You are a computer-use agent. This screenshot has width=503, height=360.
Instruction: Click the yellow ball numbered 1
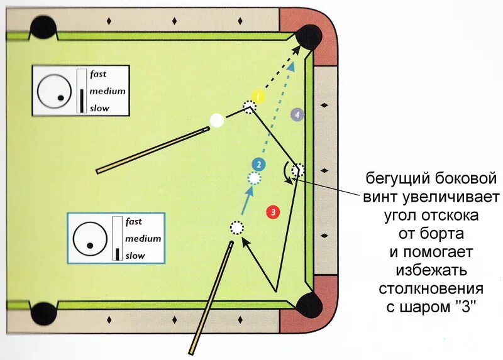click(261, 96)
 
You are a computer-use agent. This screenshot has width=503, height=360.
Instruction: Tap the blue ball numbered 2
click(258, 165)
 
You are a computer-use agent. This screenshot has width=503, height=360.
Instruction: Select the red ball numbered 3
click(273, 212)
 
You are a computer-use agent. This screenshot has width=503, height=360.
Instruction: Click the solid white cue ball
click(217, 120)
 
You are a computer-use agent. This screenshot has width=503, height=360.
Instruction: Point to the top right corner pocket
click(309, 36)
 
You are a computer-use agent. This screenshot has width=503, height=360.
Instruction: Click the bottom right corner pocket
click(309, 305)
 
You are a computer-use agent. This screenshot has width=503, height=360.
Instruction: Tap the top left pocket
click(44, 28)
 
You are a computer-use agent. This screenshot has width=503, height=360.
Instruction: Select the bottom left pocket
click(43, 312)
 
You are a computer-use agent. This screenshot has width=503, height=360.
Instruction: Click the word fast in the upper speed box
click(98, 74)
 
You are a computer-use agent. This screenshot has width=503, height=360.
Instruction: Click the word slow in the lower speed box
click(135, 256)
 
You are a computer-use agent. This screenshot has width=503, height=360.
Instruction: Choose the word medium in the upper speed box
click(107, 91)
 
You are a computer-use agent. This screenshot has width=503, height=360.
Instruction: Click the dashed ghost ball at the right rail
click(298, 170)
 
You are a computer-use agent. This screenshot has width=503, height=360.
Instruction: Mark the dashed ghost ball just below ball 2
click(253, 178)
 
